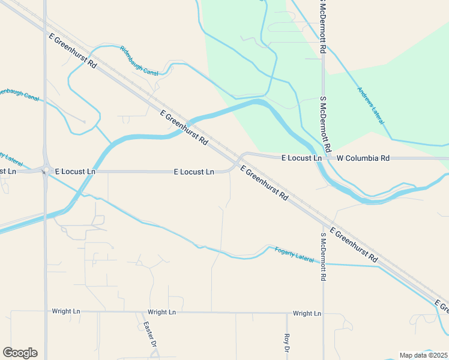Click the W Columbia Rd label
(363, 158)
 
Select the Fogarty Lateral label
(294, 255)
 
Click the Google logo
(20, 353)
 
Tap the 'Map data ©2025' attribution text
(424, 355)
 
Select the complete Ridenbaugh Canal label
(139, 61)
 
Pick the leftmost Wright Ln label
(66, 311)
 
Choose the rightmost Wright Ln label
(307, 313)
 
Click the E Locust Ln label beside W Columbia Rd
(302, 158)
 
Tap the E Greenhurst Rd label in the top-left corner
(73, 50)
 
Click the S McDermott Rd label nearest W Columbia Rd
(327, 124)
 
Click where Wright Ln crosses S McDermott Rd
(324, 313)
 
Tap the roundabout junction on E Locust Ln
(44, 172)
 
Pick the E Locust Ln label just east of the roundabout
(75, 172)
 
